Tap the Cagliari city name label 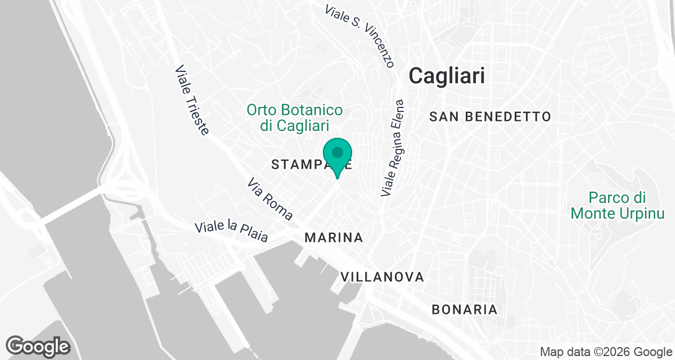pyautogui.click(x=447, y=75)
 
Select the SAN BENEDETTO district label pyautogui.click(x=489, y=117)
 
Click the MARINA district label pyautogui.click(x=334, y=238)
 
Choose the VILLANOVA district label pyautogui.click(x=382, y=277)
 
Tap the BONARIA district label pyautogui.click(x=465, y=309)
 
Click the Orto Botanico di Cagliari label pyautogui.click(x=295, y=117)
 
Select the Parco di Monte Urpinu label pyautogui.click(x=617, y=205)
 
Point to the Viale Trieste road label pyautogui.click(x=192, y=100)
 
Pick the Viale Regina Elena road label pyautogui.click(x=393, y=148)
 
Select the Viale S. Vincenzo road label pyautogui.click(x=360, y=34)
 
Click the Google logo pyautogui.click(x=38, y=346)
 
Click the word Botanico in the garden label pyautogui.click(x=310, y=110)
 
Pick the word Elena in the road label pyautogui.click(x=398, y=116)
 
